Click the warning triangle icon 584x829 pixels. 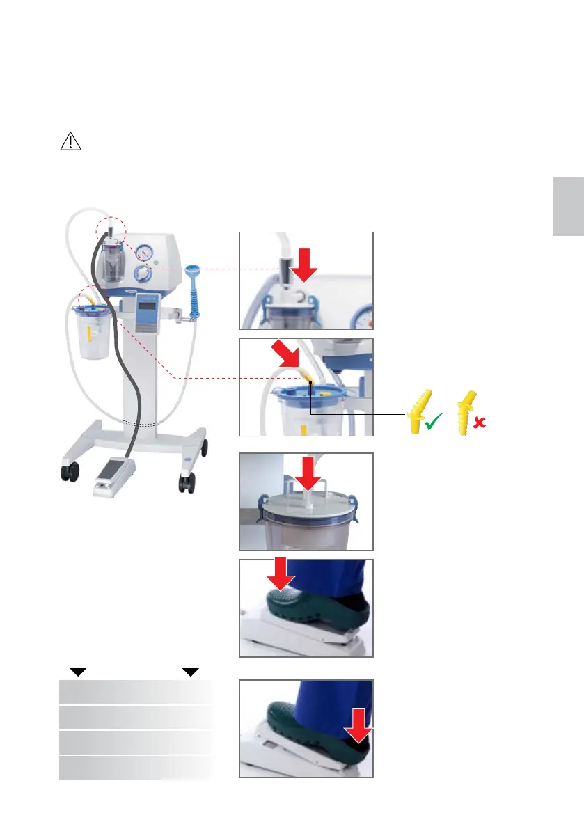[70, 141]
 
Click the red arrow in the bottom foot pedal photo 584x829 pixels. [358, 741]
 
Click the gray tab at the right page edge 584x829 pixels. [568, 206]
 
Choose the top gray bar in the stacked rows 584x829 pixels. [135, 692]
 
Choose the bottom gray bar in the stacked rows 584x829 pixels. [135, 768]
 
